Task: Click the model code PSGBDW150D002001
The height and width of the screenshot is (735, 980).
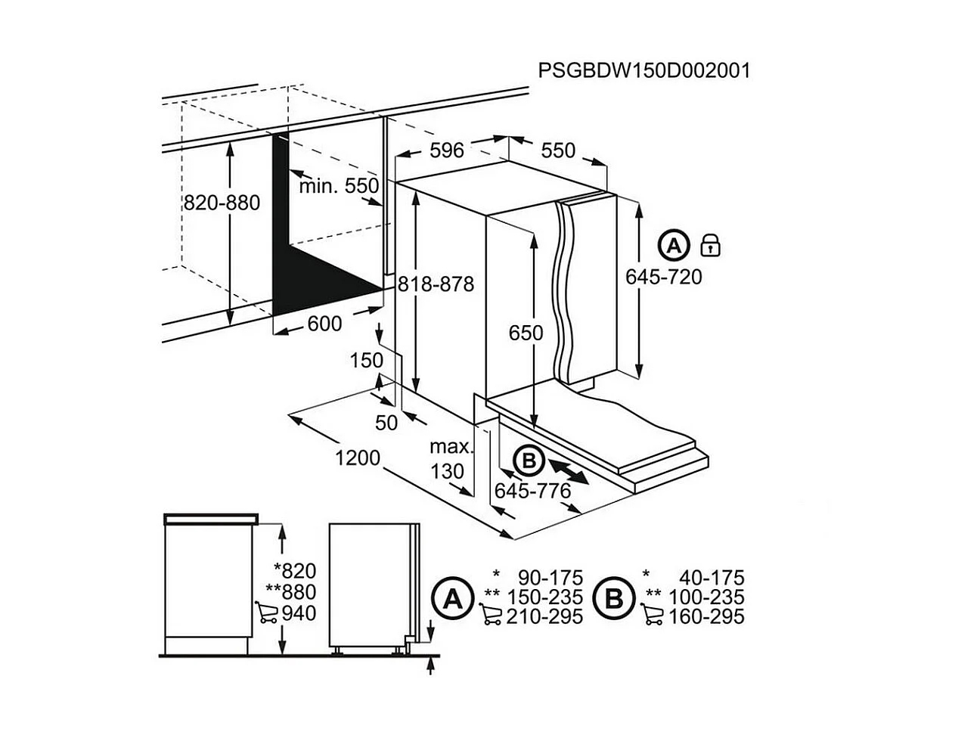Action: click(x=644, y=70)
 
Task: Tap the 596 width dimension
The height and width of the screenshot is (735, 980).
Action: click(x=446, y=150)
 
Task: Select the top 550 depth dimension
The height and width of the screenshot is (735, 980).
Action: click(x=558, y=150)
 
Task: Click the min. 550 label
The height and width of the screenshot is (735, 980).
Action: click(x=338, y=186)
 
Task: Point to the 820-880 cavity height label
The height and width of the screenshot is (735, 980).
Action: click(x=222, y=203)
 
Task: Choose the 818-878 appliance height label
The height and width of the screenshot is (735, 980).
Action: click(x=436, y=284)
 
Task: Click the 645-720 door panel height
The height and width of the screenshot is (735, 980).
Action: click(x=663, y=277)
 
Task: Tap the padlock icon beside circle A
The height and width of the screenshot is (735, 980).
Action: click(x=711, y=245)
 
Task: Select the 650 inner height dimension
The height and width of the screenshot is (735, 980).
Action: click(x=526, y=333)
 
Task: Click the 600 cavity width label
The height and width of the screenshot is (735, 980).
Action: click(x=324, y=324)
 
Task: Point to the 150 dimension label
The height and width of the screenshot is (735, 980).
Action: click(x=367, y=360)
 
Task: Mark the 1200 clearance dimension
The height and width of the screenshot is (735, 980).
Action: click(x=358, y=458)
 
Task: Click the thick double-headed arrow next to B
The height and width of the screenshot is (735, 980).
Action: click(x=566, y=468)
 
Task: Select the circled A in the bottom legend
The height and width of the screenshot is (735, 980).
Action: click(x=452, y=600)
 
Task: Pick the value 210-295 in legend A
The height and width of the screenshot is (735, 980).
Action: click(x=544, y=617)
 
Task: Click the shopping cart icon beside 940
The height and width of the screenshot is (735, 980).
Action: click(x=266, y=612)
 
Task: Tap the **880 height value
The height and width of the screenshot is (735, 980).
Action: click(x=291, y=591)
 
